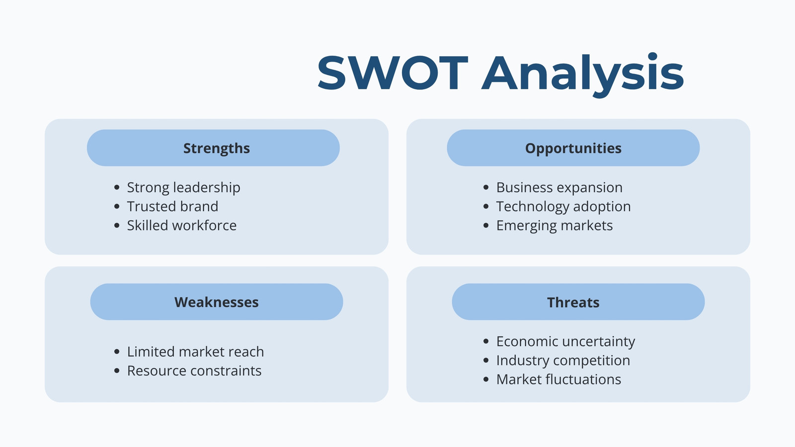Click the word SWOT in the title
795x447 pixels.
click(393, 73)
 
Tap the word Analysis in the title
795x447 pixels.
click(582, 75)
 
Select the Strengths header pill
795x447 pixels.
click(213, 148)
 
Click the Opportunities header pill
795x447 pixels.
click(573, 148)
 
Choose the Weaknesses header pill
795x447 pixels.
click(217, 302)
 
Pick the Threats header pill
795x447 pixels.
click(578, 302)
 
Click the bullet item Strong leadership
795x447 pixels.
click(183, 188)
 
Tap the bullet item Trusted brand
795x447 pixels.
click(172, 207)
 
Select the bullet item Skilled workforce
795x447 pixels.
click(182, 225)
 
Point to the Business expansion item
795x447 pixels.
click(559, 188)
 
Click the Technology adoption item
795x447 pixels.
click(563, 207)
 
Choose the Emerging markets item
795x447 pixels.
click(555, 226)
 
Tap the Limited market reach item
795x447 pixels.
click(196, 352)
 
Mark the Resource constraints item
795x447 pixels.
click(194, 371)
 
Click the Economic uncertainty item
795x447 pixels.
click(566, 342)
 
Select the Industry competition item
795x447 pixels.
click(563, 361)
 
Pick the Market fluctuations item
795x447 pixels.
click(558, 379)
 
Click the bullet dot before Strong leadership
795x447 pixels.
click(117, 187)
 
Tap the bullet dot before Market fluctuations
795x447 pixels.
click(486, 379)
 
